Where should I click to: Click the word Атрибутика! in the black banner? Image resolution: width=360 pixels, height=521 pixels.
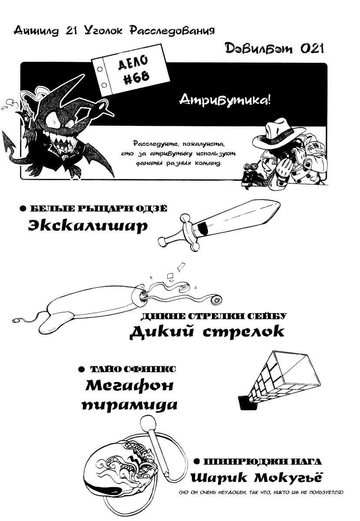[225, 100]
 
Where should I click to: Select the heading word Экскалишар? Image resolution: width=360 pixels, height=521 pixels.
[88, 225]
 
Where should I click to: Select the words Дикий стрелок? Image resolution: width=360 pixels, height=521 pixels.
[207, 331]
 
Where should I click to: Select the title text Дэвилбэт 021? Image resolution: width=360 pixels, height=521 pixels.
[274, 49]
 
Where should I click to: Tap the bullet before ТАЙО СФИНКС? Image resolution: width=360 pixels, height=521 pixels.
[81, 369]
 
